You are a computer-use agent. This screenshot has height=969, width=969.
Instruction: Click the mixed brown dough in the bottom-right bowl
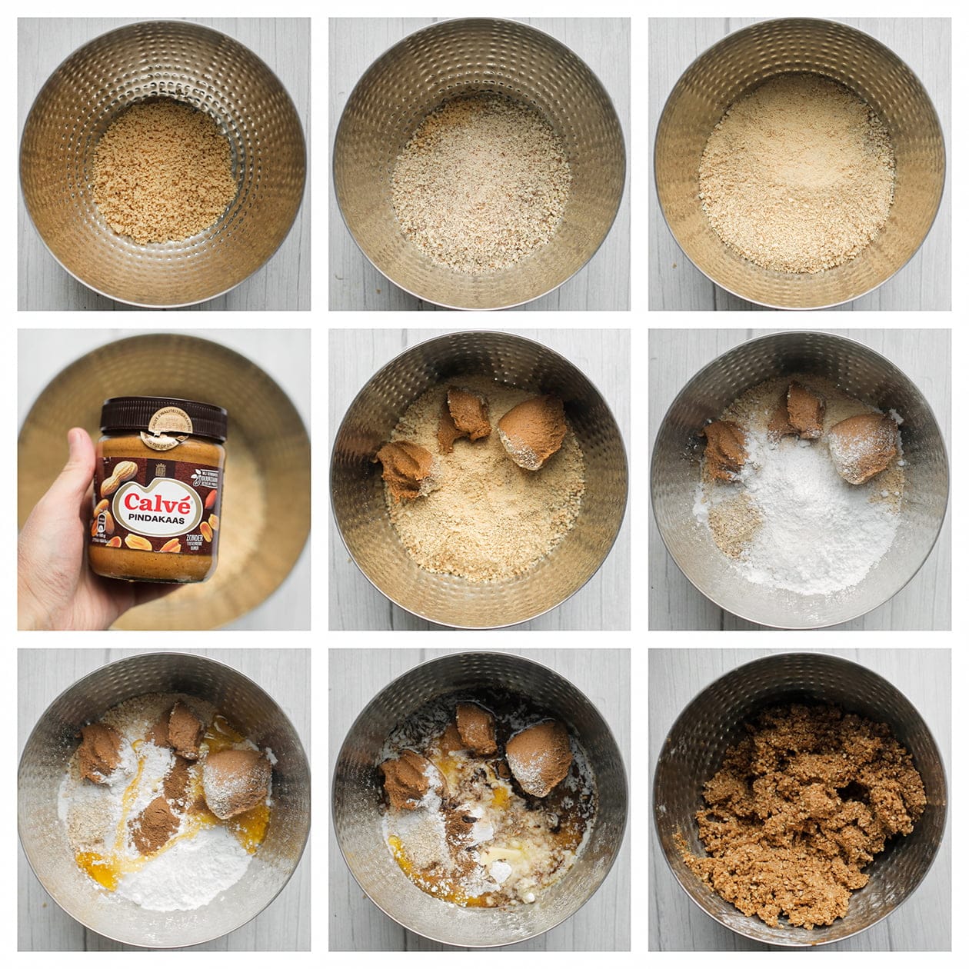(800, 815)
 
